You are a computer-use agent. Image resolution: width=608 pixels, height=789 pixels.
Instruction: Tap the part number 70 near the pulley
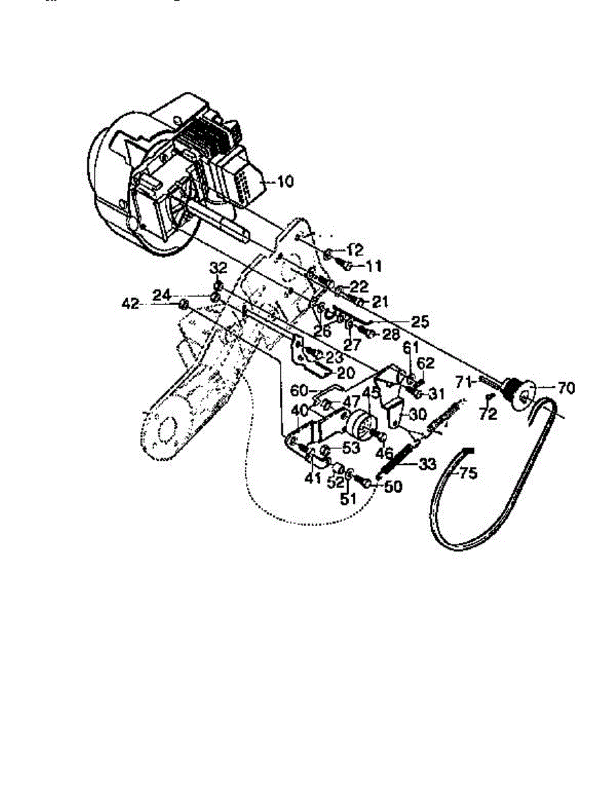pyautogui.click(x=565, y=389)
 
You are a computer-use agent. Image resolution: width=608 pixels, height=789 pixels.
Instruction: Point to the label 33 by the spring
pyautogui.click(x=427, y=464)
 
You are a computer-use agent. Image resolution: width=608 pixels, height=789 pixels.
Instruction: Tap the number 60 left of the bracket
pyautogui.click(x=300, y=390)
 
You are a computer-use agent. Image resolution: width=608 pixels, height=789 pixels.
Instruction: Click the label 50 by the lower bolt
pyautogui.click(x=394, y=487)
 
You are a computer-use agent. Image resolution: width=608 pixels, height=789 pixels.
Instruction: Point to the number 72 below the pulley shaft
pyautogui.click(x=488, y=414)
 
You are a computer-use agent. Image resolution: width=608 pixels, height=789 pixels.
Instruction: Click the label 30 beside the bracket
pyautogui.click(x=417, y=415)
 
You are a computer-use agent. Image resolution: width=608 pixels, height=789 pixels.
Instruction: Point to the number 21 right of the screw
pyautogui.click(x=380, y=302)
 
